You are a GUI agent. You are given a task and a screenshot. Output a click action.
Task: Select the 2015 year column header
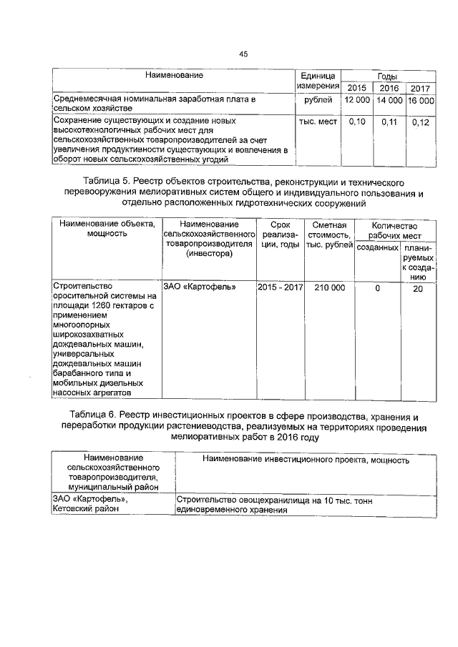point(356,87)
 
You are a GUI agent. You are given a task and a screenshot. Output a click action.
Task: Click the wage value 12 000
point(356,101)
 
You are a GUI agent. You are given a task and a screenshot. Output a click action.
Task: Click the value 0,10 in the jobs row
point(356,122)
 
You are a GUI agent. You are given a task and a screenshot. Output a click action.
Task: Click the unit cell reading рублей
point(318,101)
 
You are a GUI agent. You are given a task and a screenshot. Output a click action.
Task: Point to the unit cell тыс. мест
point(318,122)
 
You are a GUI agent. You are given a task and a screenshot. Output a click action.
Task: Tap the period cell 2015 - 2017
point(281,287)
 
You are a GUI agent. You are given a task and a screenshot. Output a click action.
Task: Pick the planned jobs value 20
point(418,288)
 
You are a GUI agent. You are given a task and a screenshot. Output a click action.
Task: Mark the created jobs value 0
point(377,288)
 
